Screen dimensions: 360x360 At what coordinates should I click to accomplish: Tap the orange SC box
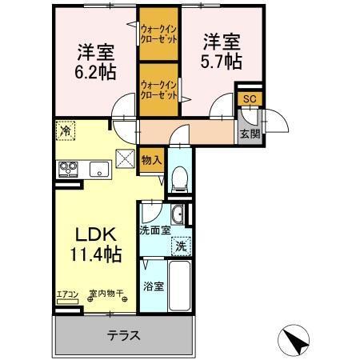click(x=248, y=98)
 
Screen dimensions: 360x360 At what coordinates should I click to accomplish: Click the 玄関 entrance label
click(x=250, y=134)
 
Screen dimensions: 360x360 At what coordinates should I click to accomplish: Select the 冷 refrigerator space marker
click(x=64, y=129)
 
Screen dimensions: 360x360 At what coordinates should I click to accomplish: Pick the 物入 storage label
click(x=151, y=159)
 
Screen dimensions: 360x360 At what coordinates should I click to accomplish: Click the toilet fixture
click(x=179, y=180)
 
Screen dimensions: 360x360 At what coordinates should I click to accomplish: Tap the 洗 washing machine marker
click(x=181, y=246)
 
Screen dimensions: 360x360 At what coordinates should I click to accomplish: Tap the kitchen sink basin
click(x=99, y=169)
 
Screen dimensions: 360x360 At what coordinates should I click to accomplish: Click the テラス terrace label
click(x=124, y=335)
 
